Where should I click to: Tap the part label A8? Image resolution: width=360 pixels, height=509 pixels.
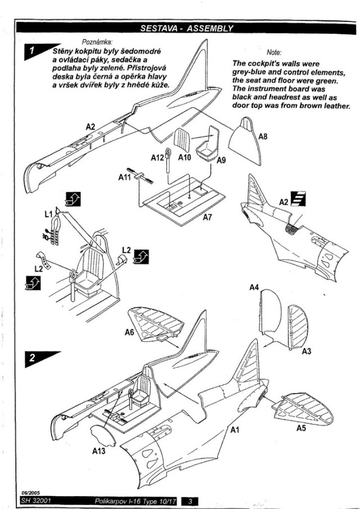click(263, 137)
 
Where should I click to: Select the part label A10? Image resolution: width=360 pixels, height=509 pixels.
click(184, 157)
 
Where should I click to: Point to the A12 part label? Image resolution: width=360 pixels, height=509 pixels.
click(157, 158)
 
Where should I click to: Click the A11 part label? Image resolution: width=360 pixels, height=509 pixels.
click(125, 177)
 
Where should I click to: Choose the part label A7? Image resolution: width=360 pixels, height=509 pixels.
click(208, 217)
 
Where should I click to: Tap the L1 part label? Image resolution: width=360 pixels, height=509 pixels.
click(49, 214)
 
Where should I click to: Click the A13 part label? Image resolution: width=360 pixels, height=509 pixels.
click(98, 451)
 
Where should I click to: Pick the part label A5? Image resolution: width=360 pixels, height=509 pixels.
click(301, 428)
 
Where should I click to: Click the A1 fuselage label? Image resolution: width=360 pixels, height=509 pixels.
click(235, 430)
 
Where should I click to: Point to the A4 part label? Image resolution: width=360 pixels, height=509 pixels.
click(254, 287)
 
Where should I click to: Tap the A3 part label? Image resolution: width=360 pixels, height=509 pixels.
click(307, 351)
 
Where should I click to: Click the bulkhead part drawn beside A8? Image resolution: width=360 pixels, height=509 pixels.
click(245, 141)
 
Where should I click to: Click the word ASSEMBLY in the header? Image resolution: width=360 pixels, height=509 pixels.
click(210, 28)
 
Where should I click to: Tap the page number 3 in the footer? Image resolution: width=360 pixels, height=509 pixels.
click(190, 501)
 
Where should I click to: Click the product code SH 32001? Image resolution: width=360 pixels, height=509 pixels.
click(36, 501)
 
